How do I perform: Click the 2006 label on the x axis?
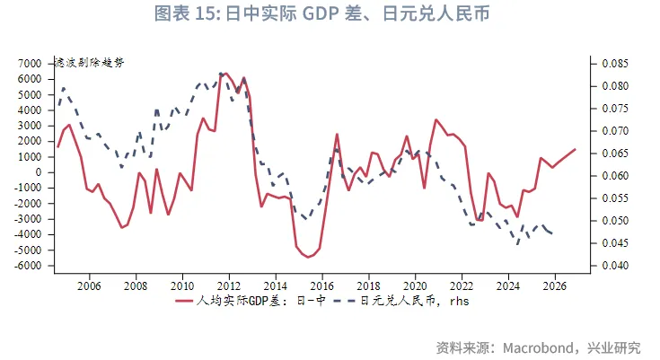[88, 285]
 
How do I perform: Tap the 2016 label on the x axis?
[321, 285]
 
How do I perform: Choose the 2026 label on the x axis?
[555, 285]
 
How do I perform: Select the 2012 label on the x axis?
[228, 285]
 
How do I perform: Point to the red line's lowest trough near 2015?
[309, 257]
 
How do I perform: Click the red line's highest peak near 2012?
[225, 74]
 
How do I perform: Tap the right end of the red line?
[575, 149]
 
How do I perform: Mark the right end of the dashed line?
[552, 234]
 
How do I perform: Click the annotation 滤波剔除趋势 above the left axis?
[90, 62]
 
